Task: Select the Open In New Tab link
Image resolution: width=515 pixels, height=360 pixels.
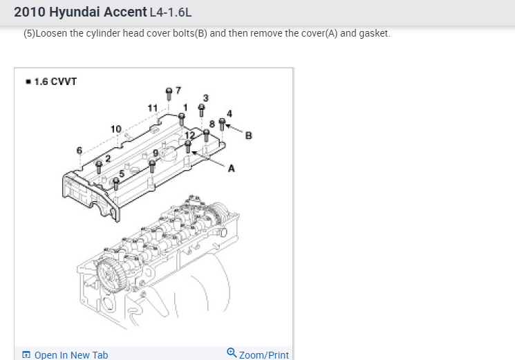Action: click(71, 354)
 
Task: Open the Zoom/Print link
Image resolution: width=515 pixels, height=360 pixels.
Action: click(263, 354)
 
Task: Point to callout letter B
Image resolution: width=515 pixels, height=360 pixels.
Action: click(248, 135)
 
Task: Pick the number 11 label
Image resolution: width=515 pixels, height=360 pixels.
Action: click(153, 108)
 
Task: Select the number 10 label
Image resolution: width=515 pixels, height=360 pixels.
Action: click(115, 129)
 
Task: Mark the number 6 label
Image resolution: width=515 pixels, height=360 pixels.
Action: click(79, 150)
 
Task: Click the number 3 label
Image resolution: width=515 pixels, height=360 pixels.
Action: click(205, 97)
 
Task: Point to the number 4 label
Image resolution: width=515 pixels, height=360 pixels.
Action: click(230, 113)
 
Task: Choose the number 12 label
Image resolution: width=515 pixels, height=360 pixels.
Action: click(180, 134)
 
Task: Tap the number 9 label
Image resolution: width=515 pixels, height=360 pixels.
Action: click(156, 152)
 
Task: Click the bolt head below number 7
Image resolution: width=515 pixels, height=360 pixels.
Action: click(169, 91)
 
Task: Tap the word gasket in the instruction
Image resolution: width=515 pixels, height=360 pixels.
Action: click(373, 33)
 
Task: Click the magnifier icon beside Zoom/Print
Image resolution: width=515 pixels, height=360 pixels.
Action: click(232, 353)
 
